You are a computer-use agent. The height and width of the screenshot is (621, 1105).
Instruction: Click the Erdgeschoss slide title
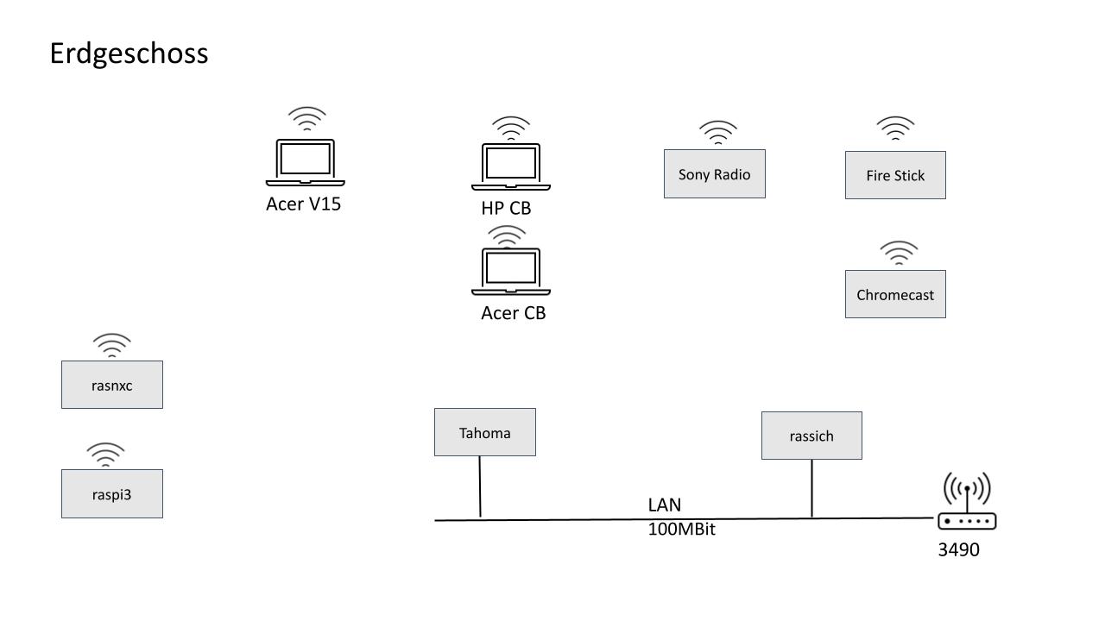point(129,53)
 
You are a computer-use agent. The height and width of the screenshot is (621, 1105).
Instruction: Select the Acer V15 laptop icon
point(305,162)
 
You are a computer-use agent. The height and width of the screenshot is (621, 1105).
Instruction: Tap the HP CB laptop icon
point(510,166)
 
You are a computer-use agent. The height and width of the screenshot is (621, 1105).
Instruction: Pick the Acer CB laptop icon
point(510,271)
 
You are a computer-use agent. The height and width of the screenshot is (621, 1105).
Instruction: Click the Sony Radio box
point(714,174)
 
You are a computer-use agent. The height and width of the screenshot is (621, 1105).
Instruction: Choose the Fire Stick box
point(895,175)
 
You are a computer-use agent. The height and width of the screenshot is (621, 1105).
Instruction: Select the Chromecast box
point(895,294)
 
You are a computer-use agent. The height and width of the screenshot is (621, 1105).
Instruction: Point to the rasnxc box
point(111,385)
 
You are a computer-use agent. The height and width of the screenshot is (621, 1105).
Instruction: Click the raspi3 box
point(111,494)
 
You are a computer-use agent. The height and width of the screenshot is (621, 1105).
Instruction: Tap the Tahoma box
point(484,432)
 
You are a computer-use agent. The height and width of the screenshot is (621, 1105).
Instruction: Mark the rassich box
point(811,436)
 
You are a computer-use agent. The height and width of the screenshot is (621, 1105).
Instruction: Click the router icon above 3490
point(967,502)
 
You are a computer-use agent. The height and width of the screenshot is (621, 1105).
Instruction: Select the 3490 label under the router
point(958,549)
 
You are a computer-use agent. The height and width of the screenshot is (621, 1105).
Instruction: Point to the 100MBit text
point(681,529)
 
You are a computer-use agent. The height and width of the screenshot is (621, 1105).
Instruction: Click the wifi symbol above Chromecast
point(899,254)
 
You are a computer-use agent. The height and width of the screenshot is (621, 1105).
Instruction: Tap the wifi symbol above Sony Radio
point(717,133)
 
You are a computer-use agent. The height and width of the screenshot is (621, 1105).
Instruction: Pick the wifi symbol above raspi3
point(105,455)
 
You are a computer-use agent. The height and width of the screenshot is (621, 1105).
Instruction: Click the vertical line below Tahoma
point(480,487)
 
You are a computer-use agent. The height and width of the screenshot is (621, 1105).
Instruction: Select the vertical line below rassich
point(811,488)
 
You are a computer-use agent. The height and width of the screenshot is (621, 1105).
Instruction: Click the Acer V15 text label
point(303,204)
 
